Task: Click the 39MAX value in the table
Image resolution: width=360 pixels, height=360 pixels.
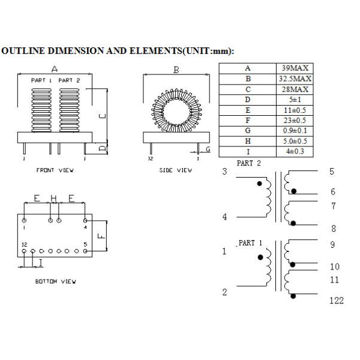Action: click(x=294, y=68)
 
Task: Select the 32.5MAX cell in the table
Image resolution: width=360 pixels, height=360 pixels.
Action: click(x=294, y=79)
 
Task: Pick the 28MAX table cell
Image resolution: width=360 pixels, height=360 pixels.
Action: click(x=294, y=90)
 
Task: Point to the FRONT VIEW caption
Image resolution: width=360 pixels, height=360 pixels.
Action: click(x=55, y=170)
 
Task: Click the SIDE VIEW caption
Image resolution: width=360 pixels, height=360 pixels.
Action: click(x=176, y=170)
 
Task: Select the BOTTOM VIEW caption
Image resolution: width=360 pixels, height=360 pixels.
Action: click(x=55, y=281)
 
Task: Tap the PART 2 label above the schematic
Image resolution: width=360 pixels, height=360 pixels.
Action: click(x=249, y=163)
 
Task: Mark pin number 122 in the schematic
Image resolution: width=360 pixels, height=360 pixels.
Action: click(x=336, y=301)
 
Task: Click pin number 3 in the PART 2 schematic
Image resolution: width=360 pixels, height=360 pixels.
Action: click(x=225, y=172)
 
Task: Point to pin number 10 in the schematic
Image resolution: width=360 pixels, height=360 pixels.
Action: click(x=334, y=266)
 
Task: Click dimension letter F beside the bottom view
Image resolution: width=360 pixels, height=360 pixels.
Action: click(x=101, y=235)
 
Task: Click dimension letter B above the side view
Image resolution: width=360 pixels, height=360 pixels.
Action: click(x=176, y=70)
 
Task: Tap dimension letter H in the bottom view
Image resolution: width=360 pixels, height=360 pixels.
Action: click(x=53, y=198)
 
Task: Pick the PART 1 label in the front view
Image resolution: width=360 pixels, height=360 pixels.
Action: click(x=41, y=80)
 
